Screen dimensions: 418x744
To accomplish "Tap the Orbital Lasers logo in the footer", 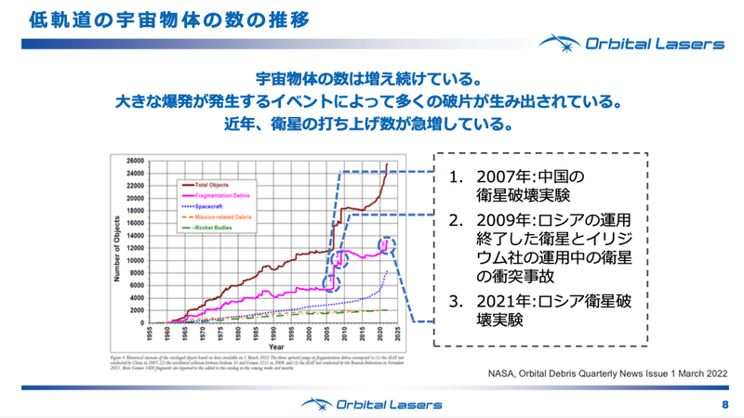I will point(371,404).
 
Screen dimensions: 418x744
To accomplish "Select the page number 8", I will point(725,405).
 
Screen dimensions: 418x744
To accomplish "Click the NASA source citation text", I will point(604,372).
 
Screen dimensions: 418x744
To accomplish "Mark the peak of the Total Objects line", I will point(387,164).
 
